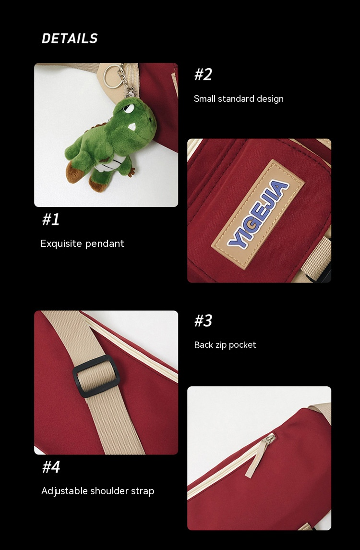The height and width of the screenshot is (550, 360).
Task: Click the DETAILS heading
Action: tap(70, 38)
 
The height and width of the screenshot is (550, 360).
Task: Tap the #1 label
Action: tap(51, 220)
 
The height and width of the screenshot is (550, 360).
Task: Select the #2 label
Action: tap(203, 74)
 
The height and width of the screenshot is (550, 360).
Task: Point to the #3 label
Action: tap(203, 320)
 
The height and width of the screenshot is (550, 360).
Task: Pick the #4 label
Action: tap(51, 467)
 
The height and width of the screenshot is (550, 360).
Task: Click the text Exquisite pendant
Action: tap(82, 244)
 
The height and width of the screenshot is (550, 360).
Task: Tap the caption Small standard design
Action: tap(239, 99)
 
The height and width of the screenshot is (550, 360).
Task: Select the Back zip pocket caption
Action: tap(225, 345)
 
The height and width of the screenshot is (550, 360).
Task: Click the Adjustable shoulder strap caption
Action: tap(97, 491)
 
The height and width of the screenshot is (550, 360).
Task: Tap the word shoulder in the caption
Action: tap(108, 491)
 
